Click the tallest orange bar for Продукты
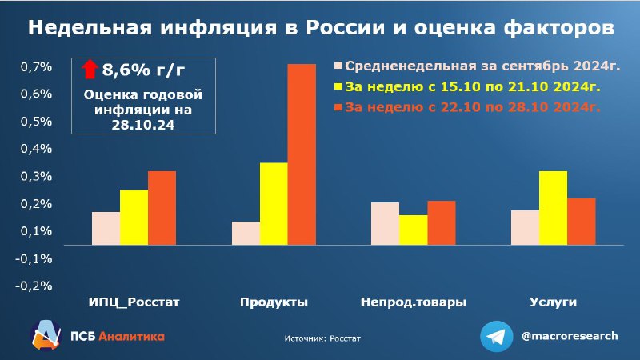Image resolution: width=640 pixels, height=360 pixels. pos(302,154)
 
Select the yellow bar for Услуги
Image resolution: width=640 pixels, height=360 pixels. pos(553,208)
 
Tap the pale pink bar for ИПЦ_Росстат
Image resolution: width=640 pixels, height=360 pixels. pos(106,228)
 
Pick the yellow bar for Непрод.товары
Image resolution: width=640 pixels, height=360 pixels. pos(414,230)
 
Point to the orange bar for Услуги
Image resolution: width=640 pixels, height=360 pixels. pos(582,222)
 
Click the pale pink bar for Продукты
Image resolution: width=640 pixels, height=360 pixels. pos(246,233)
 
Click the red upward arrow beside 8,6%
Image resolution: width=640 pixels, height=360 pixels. pos(90,70)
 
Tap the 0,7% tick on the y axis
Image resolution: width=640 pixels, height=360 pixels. pos(36,66)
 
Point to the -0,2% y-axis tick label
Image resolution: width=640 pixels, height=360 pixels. pos(34,286)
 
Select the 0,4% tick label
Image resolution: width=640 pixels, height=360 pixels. pos(36,149)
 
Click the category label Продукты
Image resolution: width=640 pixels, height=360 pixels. pos(274,302)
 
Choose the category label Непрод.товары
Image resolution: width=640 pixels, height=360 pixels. pos(414,302)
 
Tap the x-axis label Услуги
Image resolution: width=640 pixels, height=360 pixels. pos(553,302)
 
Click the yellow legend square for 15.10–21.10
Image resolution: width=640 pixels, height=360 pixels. pos(338,86)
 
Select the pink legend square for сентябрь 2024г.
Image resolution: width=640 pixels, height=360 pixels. pos(338,66)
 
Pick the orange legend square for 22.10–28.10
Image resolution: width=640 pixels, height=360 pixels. pos(338,107)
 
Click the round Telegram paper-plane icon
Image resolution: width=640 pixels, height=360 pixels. pos(496,336)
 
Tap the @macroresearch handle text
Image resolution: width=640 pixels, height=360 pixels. pos(570,336)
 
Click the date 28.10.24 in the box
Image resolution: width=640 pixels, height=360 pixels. pos(143,125)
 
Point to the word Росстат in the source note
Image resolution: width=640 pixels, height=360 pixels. pos(346,338)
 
